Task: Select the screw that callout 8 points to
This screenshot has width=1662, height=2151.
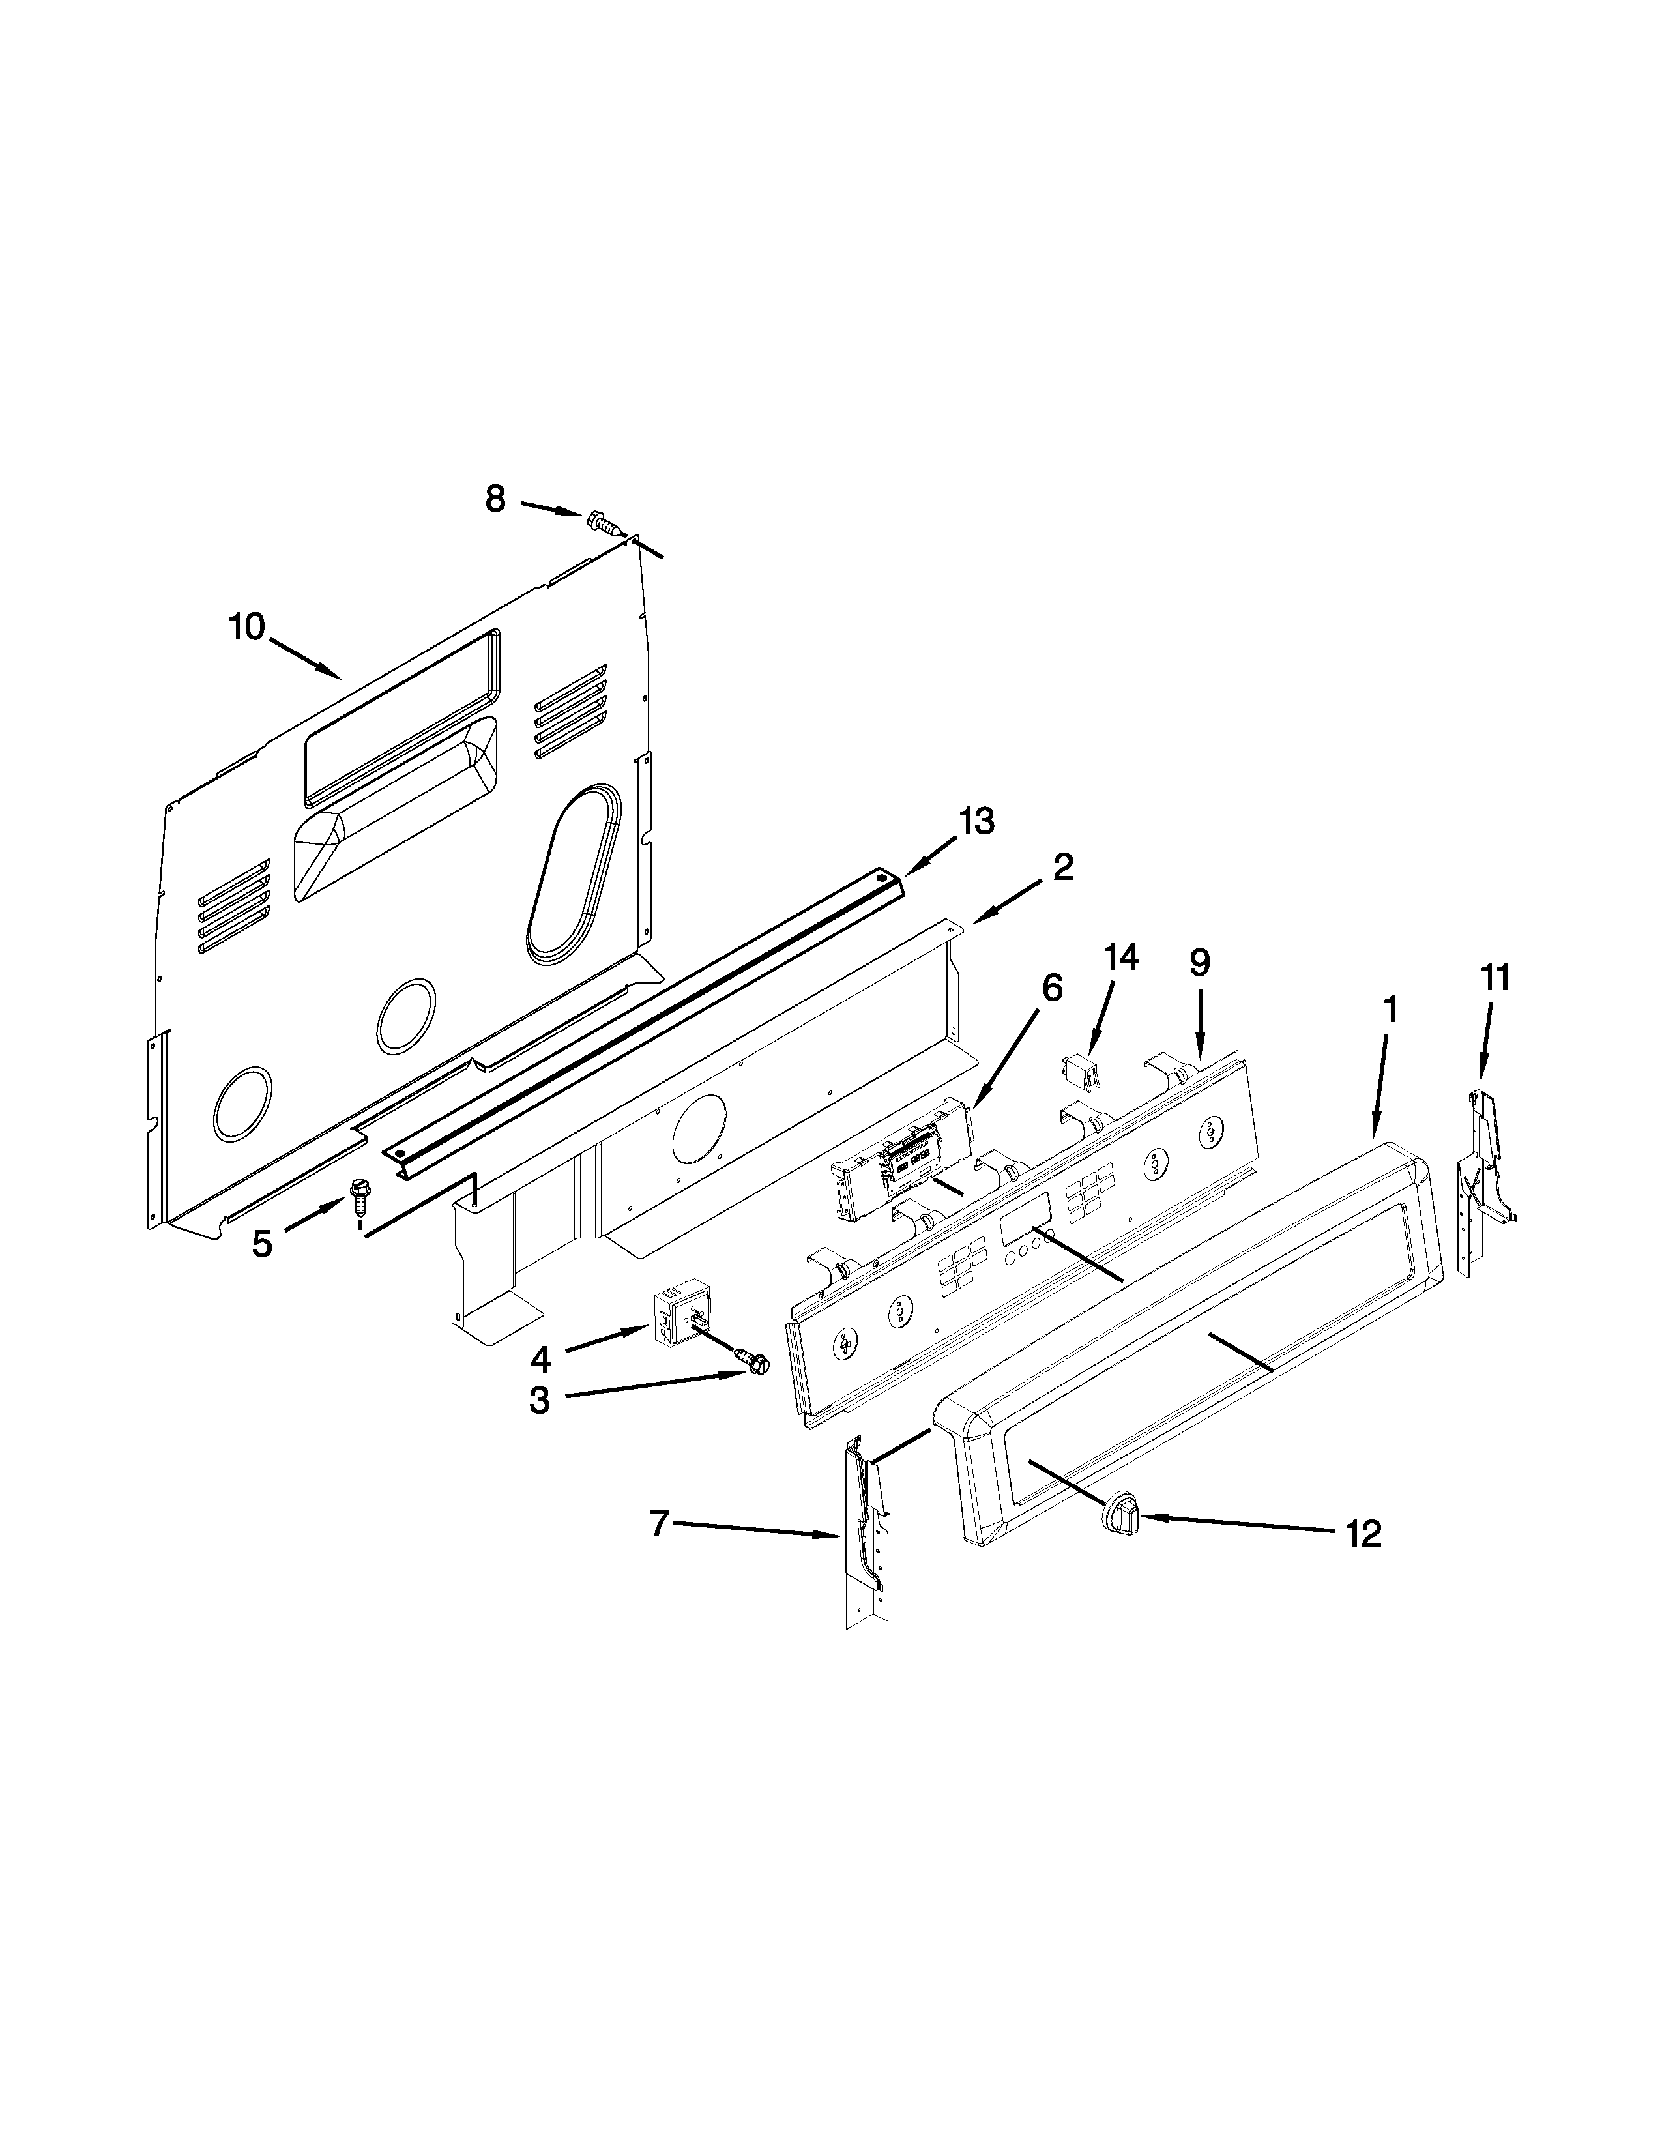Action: pyautogui.click(x=604, y=522)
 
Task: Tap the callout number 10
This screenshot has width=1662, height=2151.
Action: pyautogui.click(x=247, y=626)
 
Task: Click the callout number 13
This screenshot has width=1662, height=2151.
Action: pyautogui.click(x=977, y=821)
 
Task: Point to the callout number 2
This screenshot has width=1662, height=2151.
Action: pyautogui.click(x=1062, y=867)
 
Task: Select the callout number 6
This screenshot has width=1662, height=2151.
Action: pyautogui.click(x=1051, y=988)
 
